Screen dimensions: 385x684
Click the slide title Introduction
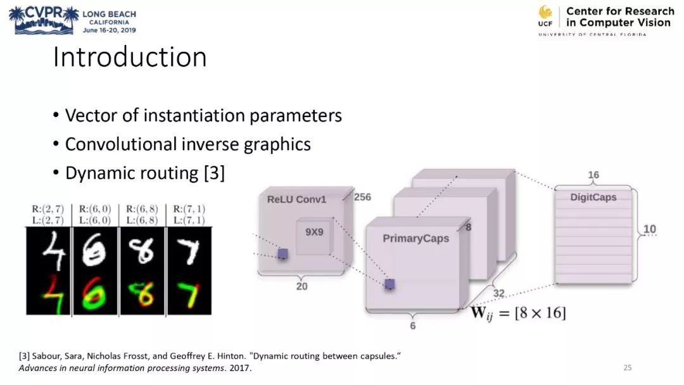point(130,57)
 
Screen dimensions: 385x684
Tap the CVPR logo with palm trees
point(44,20)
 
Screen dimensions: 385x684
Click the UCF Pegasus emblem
point(545,13)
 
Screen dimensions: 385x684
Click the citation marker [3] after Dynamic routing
point(214,173)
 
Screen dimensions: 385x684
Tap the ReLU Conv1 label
point(296,199)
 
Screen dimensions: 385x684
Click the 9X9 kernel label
point(314,232)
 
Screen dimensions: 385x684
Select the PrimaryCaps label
point(415,239)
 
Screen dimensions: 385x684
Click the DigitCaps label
point(593,197)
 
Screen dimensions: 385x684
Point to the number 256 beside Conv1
point(362,197)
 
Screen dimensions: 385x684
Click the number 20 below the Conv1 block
point(301,286)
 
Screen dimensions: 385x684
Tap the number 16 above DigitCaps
point(593,175)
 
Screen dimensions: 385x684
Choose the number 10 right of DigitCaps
point(650,229)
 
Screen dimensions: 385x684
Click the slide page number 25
point(628,367)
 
